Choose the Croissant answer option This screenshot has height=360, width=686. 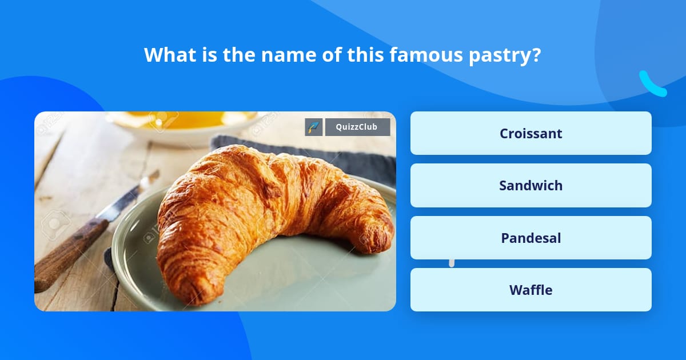coord(531,133)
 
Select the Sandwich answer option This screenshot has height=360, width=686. coord(531,186)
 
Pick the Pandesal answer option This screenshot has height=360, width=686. coord(531,238)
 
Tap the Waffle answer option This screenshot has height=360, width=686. coord(531,290)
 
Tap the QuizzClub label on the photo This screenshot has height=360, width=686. coord(357,127)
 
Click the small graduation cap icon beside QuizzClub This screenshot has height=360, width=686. coord(314,127)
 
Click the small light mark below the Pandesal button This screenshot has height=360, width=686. coord(452,263)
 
